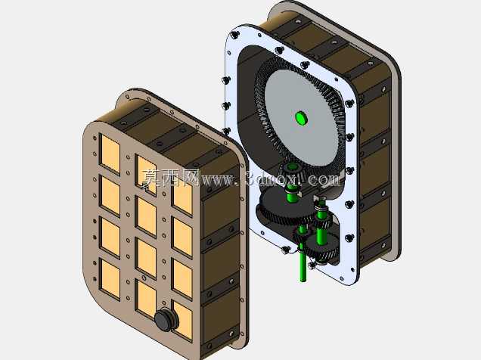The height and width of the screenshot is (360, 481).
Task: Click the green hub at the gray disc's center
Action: (x=301, y=118)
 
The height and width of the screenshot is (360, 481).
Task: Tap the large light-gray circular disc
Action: (x=300, y=119)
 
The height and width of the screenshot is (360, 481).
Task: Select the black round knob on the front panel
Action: (x=166, y=319)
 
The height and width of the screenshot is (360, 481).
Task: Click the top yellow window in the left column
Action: (x=110, y=154)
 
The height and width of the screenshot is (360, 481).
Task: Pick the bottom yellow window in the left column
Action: (x=110, y=279)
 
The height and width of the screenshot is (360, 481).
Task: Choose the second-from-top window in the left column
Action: (x=110, y=196)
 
